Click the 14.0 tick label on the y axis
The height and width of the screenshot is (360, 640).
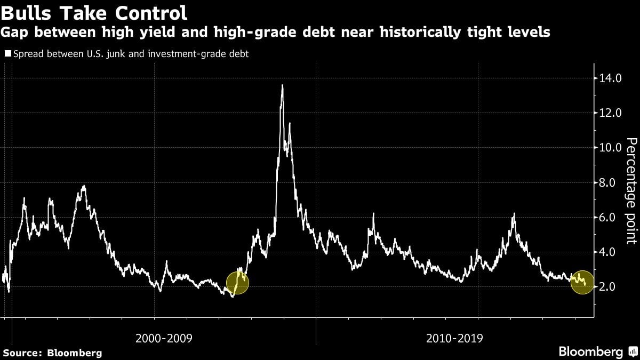pos(611,78)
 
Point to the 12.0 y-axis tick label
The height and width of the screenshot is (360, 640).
pos(611,113)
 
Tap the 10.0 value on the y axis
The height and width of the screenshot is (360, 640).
pos(611,148)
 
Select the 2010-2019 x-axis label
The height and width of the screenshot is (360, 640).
pos(455,338)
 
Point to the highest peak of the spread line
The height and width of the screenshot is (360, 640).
pos(282,85)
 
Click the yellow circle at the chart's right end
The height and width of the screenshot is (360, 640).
pos(582,282)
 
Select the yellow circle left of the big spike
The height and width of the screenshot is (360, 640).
pos(237,283)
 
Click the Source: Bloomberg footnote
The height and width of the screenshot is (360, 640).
pos(52,353)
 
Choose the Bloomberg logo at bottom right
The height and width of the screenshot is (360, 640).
pos(591,352)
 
